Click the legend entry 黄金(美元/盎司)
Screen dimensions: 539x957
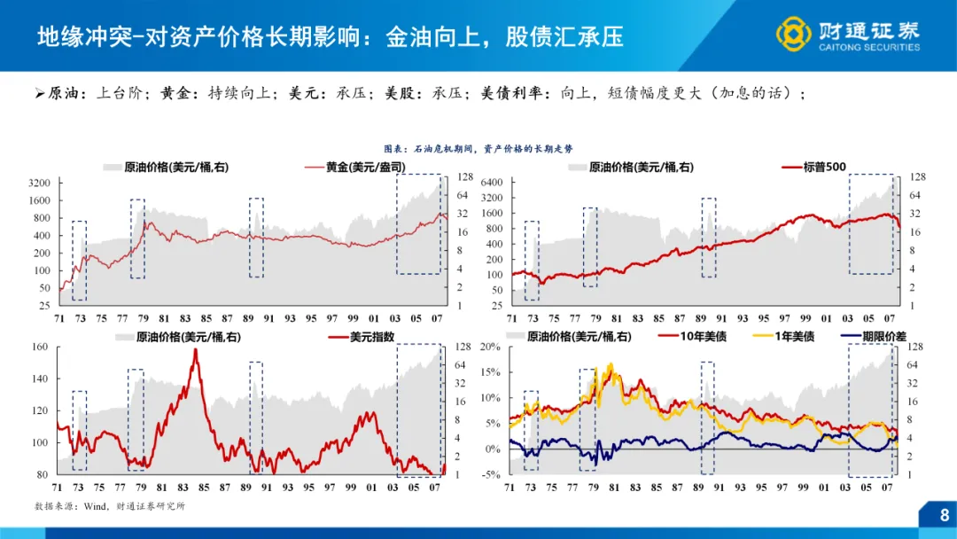[x=353, y=167]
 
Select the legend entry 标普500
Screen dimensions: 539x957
[x=823, y=167]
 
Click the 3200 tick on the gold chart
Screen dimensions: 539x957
[x=41, y=183]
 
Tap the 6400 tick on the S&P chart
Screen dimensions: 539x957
[x=491, y=182]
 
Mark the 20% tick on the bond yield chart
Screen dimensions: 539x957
[x=491, y=347]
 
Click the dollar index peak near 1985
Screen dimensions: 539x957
[x=195, y=351]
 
